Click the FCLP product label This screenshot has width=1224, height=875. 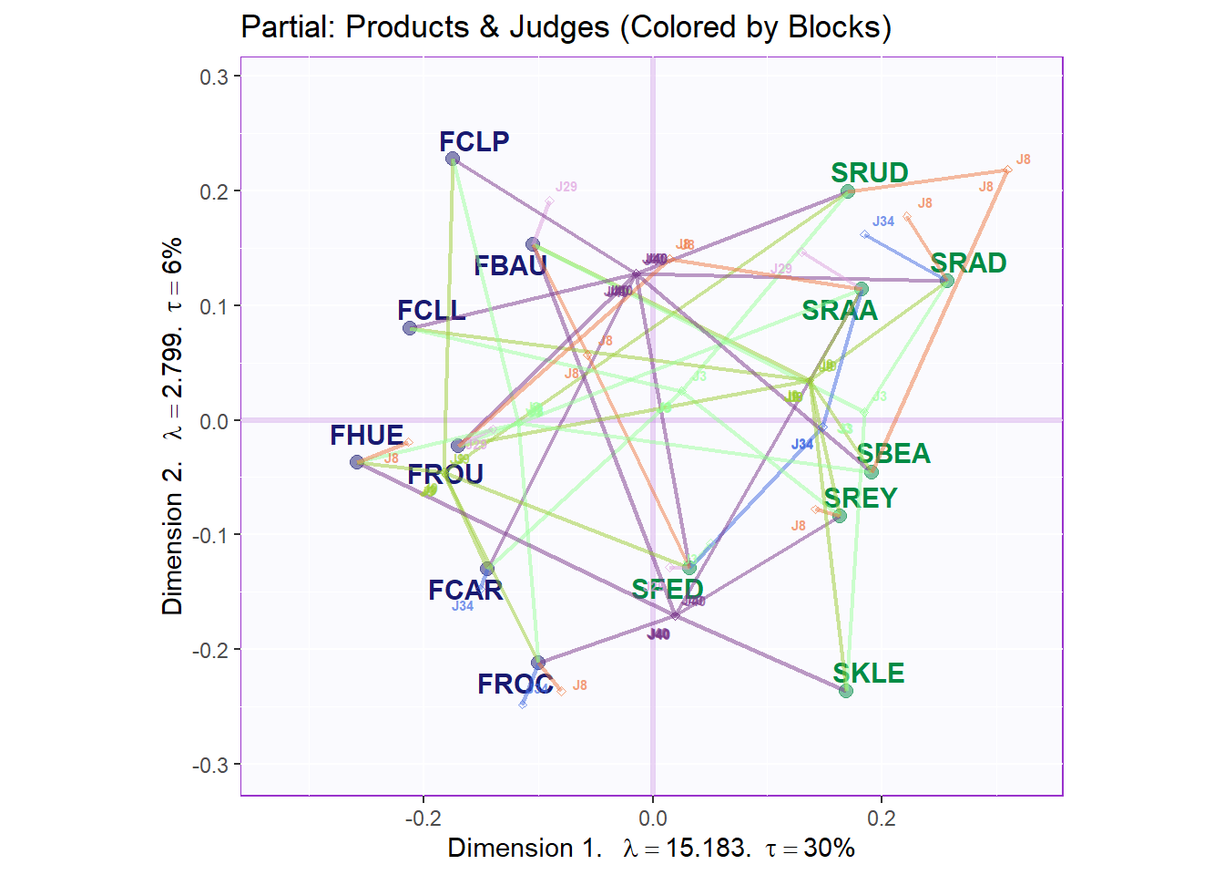point(474,141)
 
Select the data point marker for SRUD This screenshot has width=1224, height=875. point(848,191)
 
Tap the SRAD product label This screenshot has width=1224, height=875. point(968,263)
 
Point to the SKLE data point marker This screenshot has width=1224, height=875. point(846,691)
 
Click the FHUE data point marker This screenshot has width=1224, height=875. point(357,462)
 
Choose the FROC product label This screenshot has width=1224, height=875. point(515,685)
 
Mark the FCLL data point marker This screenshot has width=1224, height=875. point(410,328)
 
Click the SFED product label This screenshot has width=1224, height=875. point(668,590)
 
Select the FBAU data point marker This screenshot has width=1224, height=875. point(533,244)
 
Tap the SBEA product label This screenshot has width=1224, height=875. point(893,454)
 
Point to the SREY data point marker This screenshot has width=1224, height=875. point(840,516)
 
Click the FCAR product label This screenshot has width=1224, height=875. point(465,591)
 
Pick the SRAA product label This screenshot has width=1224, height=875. point(840,311)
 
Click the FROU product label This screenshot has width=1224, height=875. point(445,475)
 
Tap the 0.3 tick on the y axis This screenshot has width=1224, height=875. point(214,77)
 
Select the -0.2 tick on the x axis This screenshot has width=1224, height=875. point(423,818)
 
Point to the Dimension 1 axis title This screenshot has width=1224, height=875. point(525,848)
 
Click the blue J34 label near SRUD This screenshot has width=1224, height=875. point(882,221)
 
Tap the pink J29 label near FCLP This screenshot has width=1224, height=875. point(566,187)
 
